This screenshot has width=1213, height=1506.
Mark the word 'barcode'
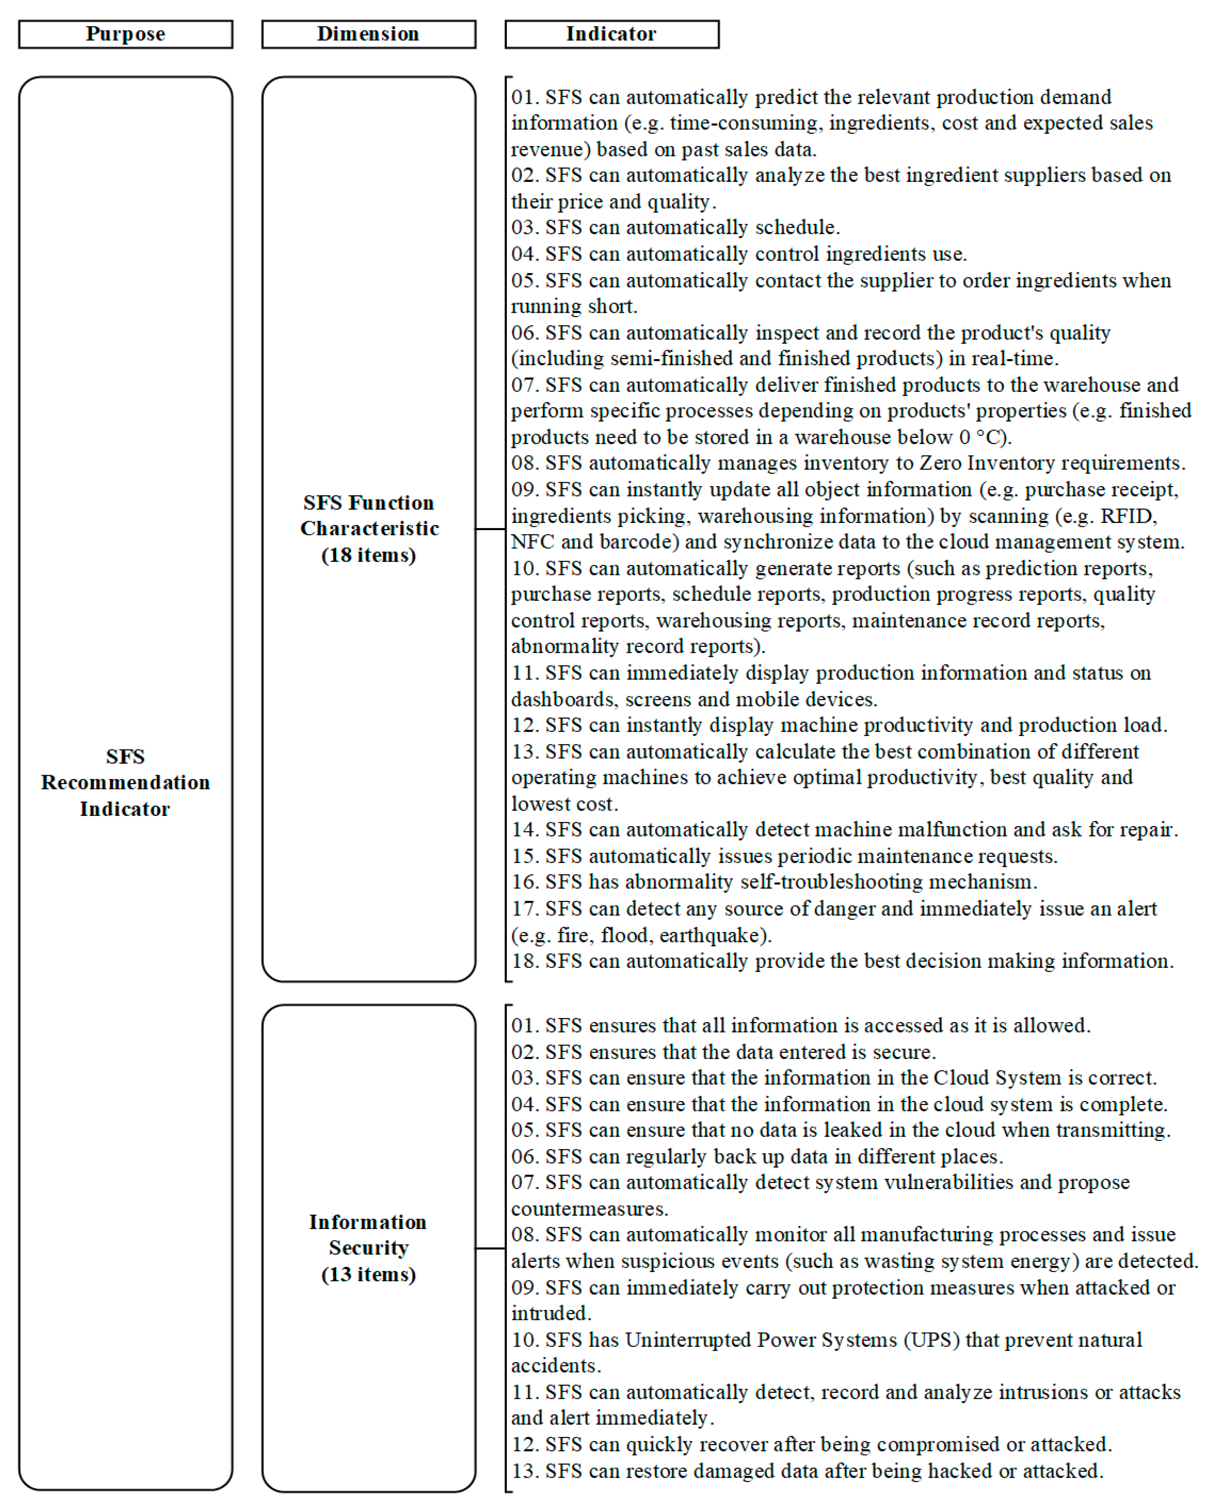(x=636, y=542)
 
